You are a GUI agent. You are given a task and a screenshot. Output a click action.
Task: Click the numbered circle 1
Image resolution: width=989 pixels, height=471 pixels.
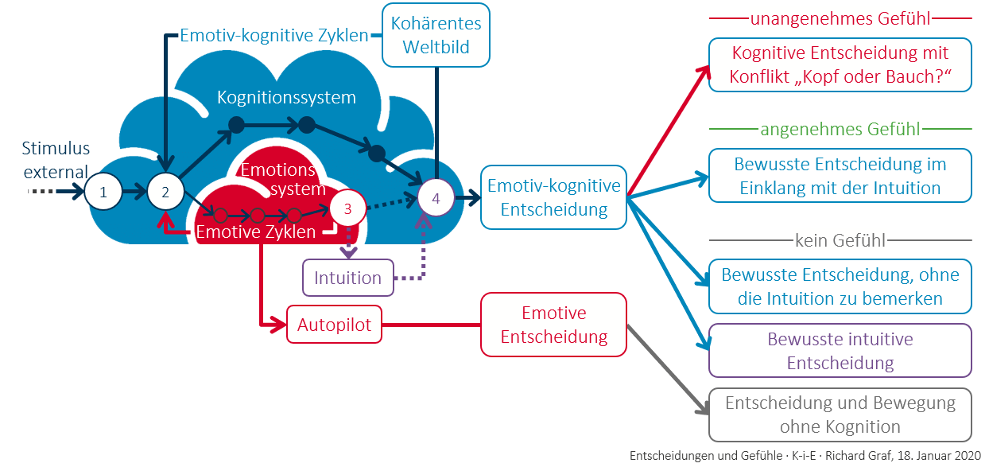pos(103,192)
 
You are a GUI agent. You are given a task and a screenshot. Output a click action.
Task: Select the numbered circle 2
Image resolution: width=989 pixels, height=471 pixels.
pos(165,192)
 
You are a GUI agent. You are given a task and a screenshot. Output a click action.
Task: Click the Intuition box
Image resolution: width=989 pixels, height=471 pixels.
pos(347,278)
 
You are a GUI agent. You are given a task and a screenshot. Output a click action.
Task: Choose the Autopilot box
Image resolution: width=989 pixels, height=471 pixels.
pos(334,325)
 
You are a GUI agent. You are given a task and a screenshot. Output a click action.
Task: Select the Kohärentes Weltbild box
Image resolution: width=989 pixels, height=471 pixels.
pos(436,35)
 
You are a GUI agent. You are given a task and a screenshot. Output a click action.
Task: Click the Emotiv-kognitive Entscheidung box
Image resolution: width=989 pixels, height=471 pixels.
pos(553,197)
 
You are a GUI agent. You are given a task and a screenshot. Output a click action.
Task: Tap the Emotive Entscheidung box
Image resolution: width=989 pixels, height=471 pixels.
pos(553,325)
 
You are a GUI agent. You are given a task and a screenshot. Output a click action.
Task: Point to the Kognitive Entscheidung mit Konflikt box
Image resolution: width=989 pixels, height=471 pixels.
pos(840,65)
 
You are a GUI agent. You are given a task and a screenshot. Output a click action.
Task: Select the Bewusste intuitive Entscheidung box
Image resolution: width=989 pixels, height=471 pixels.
pos(840,351)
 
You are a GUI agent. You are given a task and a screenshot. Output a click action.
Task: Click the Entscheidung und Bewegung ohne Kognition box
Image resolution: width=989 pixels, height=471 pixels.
pos(840,415)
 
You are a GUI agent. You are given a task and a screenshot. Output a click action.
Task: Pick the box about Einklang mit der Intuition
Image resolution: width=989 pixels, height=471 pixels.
pos(840,176)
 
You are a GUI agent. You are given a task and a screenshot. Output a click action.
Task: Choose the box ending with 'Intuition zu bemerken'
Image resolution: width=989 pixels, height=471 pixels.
pos(840,286)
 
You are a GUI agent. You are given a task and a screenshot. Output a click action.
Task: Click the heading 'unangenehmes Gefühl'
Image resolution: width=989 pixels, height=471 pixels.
pos(840,18)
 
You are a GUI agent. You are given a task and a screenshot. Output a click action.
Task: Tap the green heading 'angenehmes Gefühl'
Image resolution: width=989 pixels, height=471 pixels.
pos(840,128)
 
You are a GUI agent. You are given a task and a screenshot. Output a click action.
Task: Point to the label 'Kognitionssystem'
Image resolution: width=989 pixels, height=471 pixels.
pos(286,98)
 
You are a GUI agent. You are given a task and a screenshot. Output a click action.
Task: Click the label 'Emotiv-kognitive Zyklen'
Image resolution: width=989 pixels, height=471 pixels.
pos(273,36)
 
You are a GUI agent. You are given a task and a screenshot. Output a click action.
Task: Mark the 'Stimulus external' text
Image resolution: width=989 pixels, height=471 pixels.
pos(56,160)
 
